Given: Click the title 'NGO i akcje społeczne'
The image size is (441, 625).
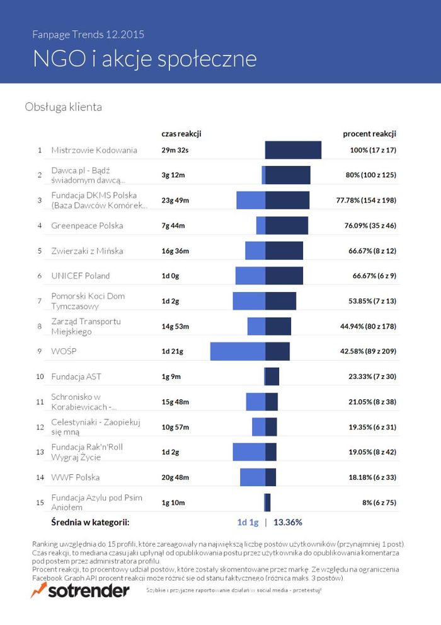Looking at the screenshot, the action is pyautogui.click(x=145, y=59).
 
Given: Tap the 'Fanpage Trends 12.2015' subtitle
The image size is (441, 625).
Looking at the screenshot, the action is pyautogui.click(x=88, y=35).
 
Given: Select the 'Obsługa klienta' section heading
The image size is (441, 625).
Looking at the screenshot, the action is pyautogui.click(x=63, y=107).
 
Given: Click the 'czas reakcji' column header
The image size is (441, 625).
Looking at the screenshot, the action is pyautogui.click(x=181, y=134).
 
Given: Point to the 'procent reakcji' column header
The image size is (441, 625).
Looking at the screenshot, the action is pyautogui.click(x=369, y=134).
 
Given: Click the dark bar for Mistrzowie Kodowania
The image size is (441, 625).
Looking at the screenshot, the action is pyautogui.click(x=294, y=150).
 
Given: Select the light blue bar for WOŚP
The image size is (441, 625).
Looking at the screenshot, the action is pyautogui.click(x=238, y=351).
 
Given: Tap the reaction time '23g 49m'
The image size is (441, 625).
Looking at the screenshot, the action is pyautogui.click(x=175, y=201).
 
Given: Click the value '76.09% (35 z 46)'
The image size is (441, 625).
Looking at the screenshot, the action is pyautogui.click(x=370, y=226).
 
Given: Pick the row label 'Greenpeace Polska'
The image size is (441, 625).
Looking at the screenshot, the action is pyautogui.click(x=87, y=226).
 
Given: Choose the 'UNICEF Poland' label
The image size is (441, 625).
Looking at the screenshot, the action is pyautogui.click(x=81, y=276).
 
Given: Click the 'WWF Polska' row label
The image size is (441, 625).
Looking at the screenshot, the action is pyautogui.click(x=75, y=477).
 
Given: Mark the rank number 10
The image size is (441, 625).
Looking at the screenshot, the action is pyautogui.click(x=40, y=377).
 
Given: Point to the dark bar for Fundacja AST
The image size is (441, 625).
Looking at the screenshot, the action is pyautogui.click(x=272, y=377).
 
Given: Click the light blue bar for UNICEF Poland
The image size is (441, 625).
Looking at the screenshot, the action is pyautogui.click(x=250, y=276).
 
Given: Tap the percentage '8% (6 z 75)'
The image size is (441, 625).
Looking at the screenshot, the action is pyautogui.click(x=379, y=503).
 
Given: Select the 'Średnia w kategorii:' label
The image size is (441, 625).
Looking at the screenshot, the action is pyautogui.click(x=90, y=522).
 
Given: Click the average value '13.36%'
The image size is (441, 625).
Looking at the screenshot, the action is pyautogui.click(x=288, y=522).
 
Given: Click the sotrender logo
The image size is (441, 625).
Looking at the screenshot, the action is pyautogui.click(x=80, y=590).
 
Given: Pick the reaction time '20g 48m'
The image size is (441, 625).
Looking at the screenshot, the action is pyautogui.click(x=175, y=477).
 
